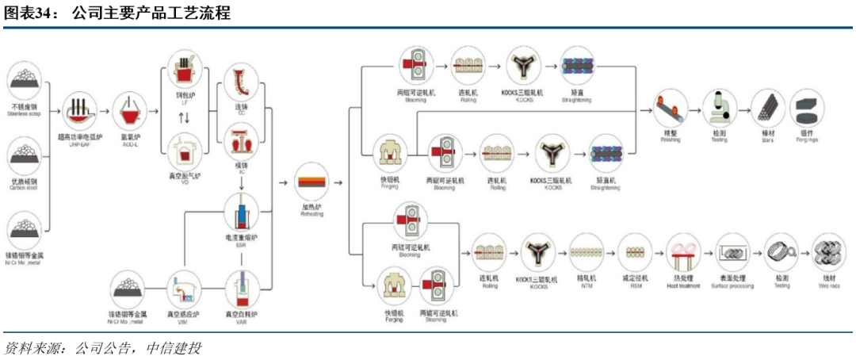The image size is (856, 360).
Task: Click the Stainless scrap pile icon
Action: pyautogui.click(x=25, y=82)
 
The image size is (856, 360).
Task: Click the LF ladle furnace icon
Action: pyautogui.click(x=185, y=74)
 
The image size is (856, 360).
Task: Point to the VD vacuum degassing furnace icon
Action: pyautogui.click(x=185, y=149)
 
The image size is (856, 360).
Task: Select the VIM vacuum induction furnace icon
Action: pyautogui.click(x=184, y=289)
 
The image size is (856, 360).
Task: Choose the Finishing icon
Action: pyautogui.click(x=671, y=106)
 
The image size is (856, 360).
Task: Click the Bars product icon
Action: pyautogui.click(x=767, y=106)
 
